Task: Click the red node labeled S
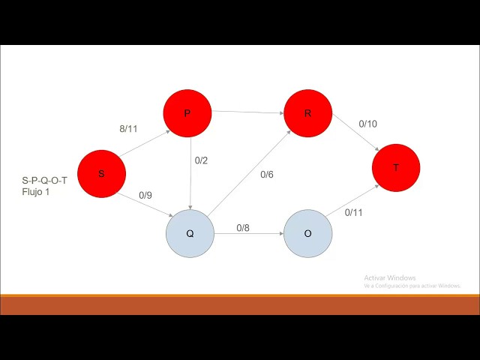(x=101, y=173)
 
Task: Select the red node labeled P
(x=187, y=113)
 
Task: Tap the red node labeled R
(x=307, y=113)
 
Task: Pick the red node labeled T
(x=395, y=168)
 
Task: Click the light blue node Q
(x=190, y=233)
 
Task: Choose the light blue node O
(x=307, y=233)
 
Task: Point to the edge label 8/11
(x=128, y=129)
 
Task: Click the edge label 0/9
(x=145, y=196)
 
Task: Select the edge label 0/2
(x=201, y=160)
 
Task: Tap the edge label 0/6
(x=267, y=175)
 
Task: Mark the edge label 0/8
(x=243, y=227)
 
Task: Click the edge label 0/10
(x=367, y=124)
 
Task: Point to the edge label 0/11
(x=353, y=212)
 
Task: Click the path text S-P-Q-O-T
(x=45, y=181)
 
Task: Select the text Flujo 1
(x=36, y=193)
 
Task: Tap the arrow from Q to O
(x=248, y=234)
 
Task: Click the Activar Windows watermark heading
(x=389, y=277)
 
